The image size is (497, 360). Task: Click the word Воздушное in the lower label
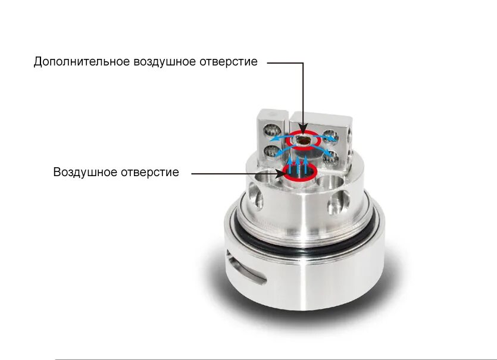pos(86,173)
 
